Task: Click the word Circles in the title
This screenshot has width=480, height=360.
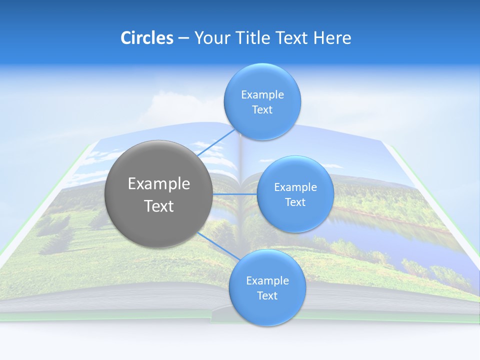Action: click(x=146, y=38)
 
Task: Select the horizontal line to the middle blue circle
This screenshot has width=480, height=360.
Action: click(x=234, y=194)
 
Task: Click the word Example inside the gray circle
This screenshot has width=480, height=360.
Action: click(x=159, y=183)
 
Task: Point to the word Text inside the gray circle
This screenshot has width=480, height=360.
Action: click(x=159, y=206)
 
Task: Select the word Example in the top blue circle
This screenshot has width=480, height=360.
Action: click(x=262, y=94)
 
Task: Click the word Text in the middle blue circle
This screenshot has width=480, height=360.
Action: click(x=295, y=202)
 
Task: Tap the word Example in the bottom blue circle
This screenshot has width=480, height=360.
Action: click(x=267, y=280)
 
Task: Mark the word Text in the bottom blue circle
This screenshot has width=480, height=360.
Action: click(x=267, y=295)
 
